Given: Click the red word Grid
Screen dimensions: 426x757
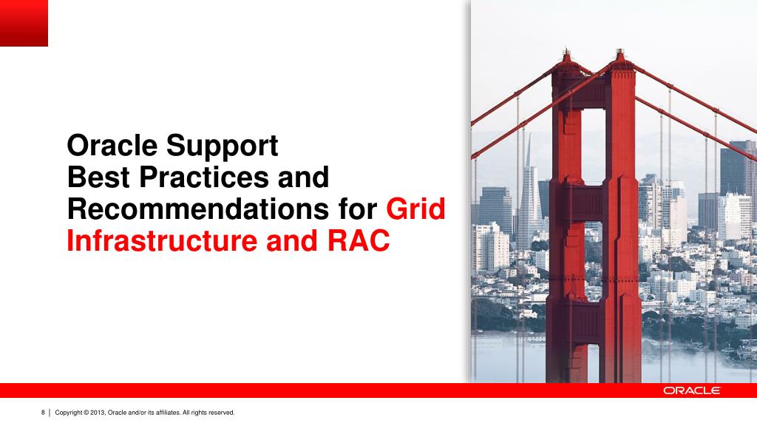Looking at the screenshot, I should pyautogui.click(x=416, y=210).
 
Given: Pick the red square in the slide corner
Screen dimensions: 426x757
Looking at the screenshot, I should pyautogui.click(x=24, y=23).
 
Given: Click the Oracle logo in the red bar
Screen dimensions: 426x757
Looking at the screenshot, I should pyautogui.click(x=691, y=390).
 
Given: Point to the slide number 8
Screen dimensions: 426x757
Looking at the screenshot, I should pyautogui.click(x=43, y=412).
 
